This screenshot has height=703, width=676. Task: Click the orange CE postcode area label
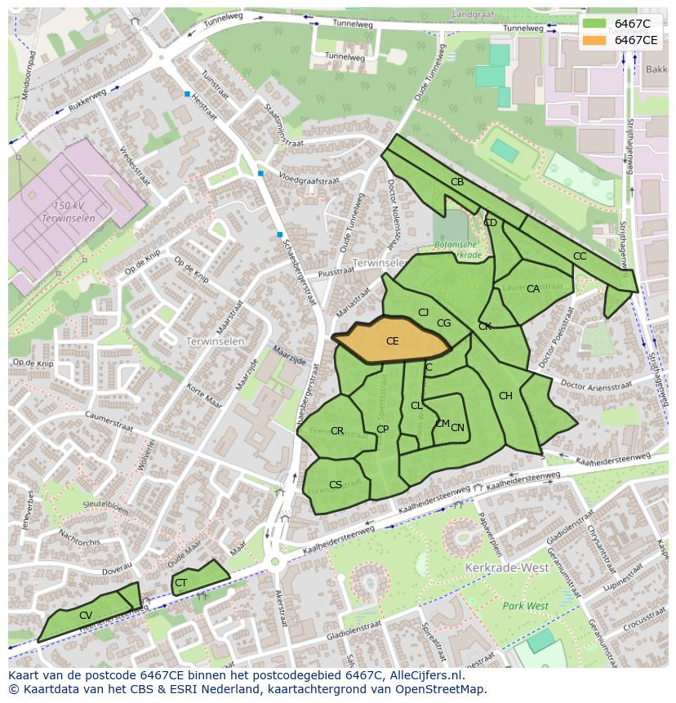click(x=392, y=341)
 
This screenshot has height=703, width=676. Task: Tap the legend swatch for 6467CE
click(x=595, y=39)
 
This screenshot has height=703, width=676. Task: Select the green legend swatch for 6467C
click(x=595, y=24)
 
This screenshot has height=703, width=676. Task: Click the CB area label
click(x=457, y=182)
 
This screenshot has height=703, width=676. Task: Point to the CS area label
click(x=336, y=485)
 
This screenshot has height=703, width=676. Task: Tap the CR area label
click(x=337, y=431)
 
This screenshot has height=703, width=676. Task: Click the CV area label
click(x=86, y=616)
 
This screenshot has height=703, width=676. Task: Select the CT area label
click(x=181, y=583)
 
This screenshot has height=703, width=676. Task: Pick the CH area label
click(x=505, y=396)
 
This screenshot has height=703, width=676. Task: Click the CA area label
click(x=533, y=289)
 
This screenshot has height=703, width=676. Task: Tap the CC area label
click(x=580, y=256)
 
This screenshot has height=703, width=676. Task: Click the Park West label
click(x=525, y=606)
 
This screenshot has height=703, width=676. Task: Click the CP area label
click(x=382, y=429)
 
